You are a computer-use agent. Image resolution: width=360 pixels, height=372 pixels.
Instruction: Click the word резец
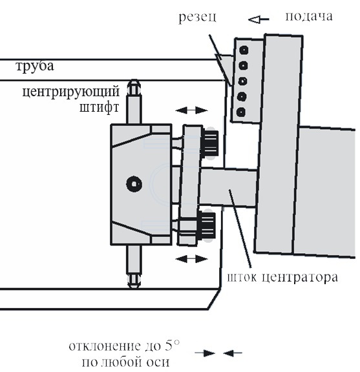pyautogui.click(x=197, y=17)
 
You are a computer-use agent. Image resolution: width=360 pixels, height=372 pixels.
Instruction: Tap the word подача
pyautogui.click(x=309, y=17)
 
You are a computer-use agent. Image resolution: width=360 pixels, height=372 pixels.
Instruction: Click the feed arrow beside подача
pyautogui.click(x=259, y=19)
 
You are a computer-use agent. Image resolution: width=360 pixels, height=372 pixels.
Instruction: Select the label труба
pyautogui.click(x=35, y=67)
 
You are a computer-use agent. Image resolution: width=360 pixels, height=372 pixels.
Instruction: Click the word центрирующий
pyautogui.click(x=70, y=92)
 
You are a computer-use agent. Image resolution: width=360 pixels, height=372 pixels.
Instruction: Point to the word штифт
pyautogui.click(x=99, y=108)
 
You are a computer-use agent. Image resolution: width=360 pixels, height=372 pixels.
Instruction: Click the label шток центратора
pyautogui.click(x=282, y=278)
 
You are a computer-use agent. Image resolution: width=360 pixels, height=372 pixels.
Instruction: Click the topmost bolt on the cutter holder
pyautogui.click(x=244, y=50)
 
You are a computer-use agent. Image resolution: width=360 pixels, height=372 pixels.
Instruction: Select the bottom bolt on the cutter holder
pyautogui.click(x=241, y=112)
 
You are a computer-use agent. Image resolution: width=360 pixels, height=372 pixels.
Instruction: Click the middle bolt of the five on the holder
pyautogui.click(x=242, y=81)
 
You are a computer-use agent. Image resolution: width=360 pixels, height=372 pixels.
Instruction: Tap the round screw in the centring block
pyautogui.click(x=134, y=184)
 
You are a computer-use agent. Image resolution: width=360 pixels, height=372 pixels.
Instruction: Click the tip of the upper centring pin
pyautogui.click(x=134, y=80)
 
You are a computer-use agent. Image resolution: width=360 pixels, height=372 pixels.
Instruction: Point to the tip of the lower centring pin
pyautogui.click(x=134, y=287)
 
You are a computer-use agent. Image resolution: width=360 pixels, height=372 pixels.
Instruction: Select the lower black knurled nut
pyautogui.click(x=207, y=225)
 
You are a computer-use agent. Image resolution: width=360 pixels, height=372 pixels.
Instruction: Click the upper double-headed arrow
pyautogui.click(x=191, y=110)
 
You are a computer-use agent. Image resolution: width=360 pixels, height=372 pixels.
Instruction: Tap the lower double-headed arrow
pyautogui.click(x=191, y=258)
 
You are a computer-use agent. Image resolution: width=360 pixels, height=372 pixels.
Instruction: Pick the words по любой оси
pyautogui.click(x=125, y=362)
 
